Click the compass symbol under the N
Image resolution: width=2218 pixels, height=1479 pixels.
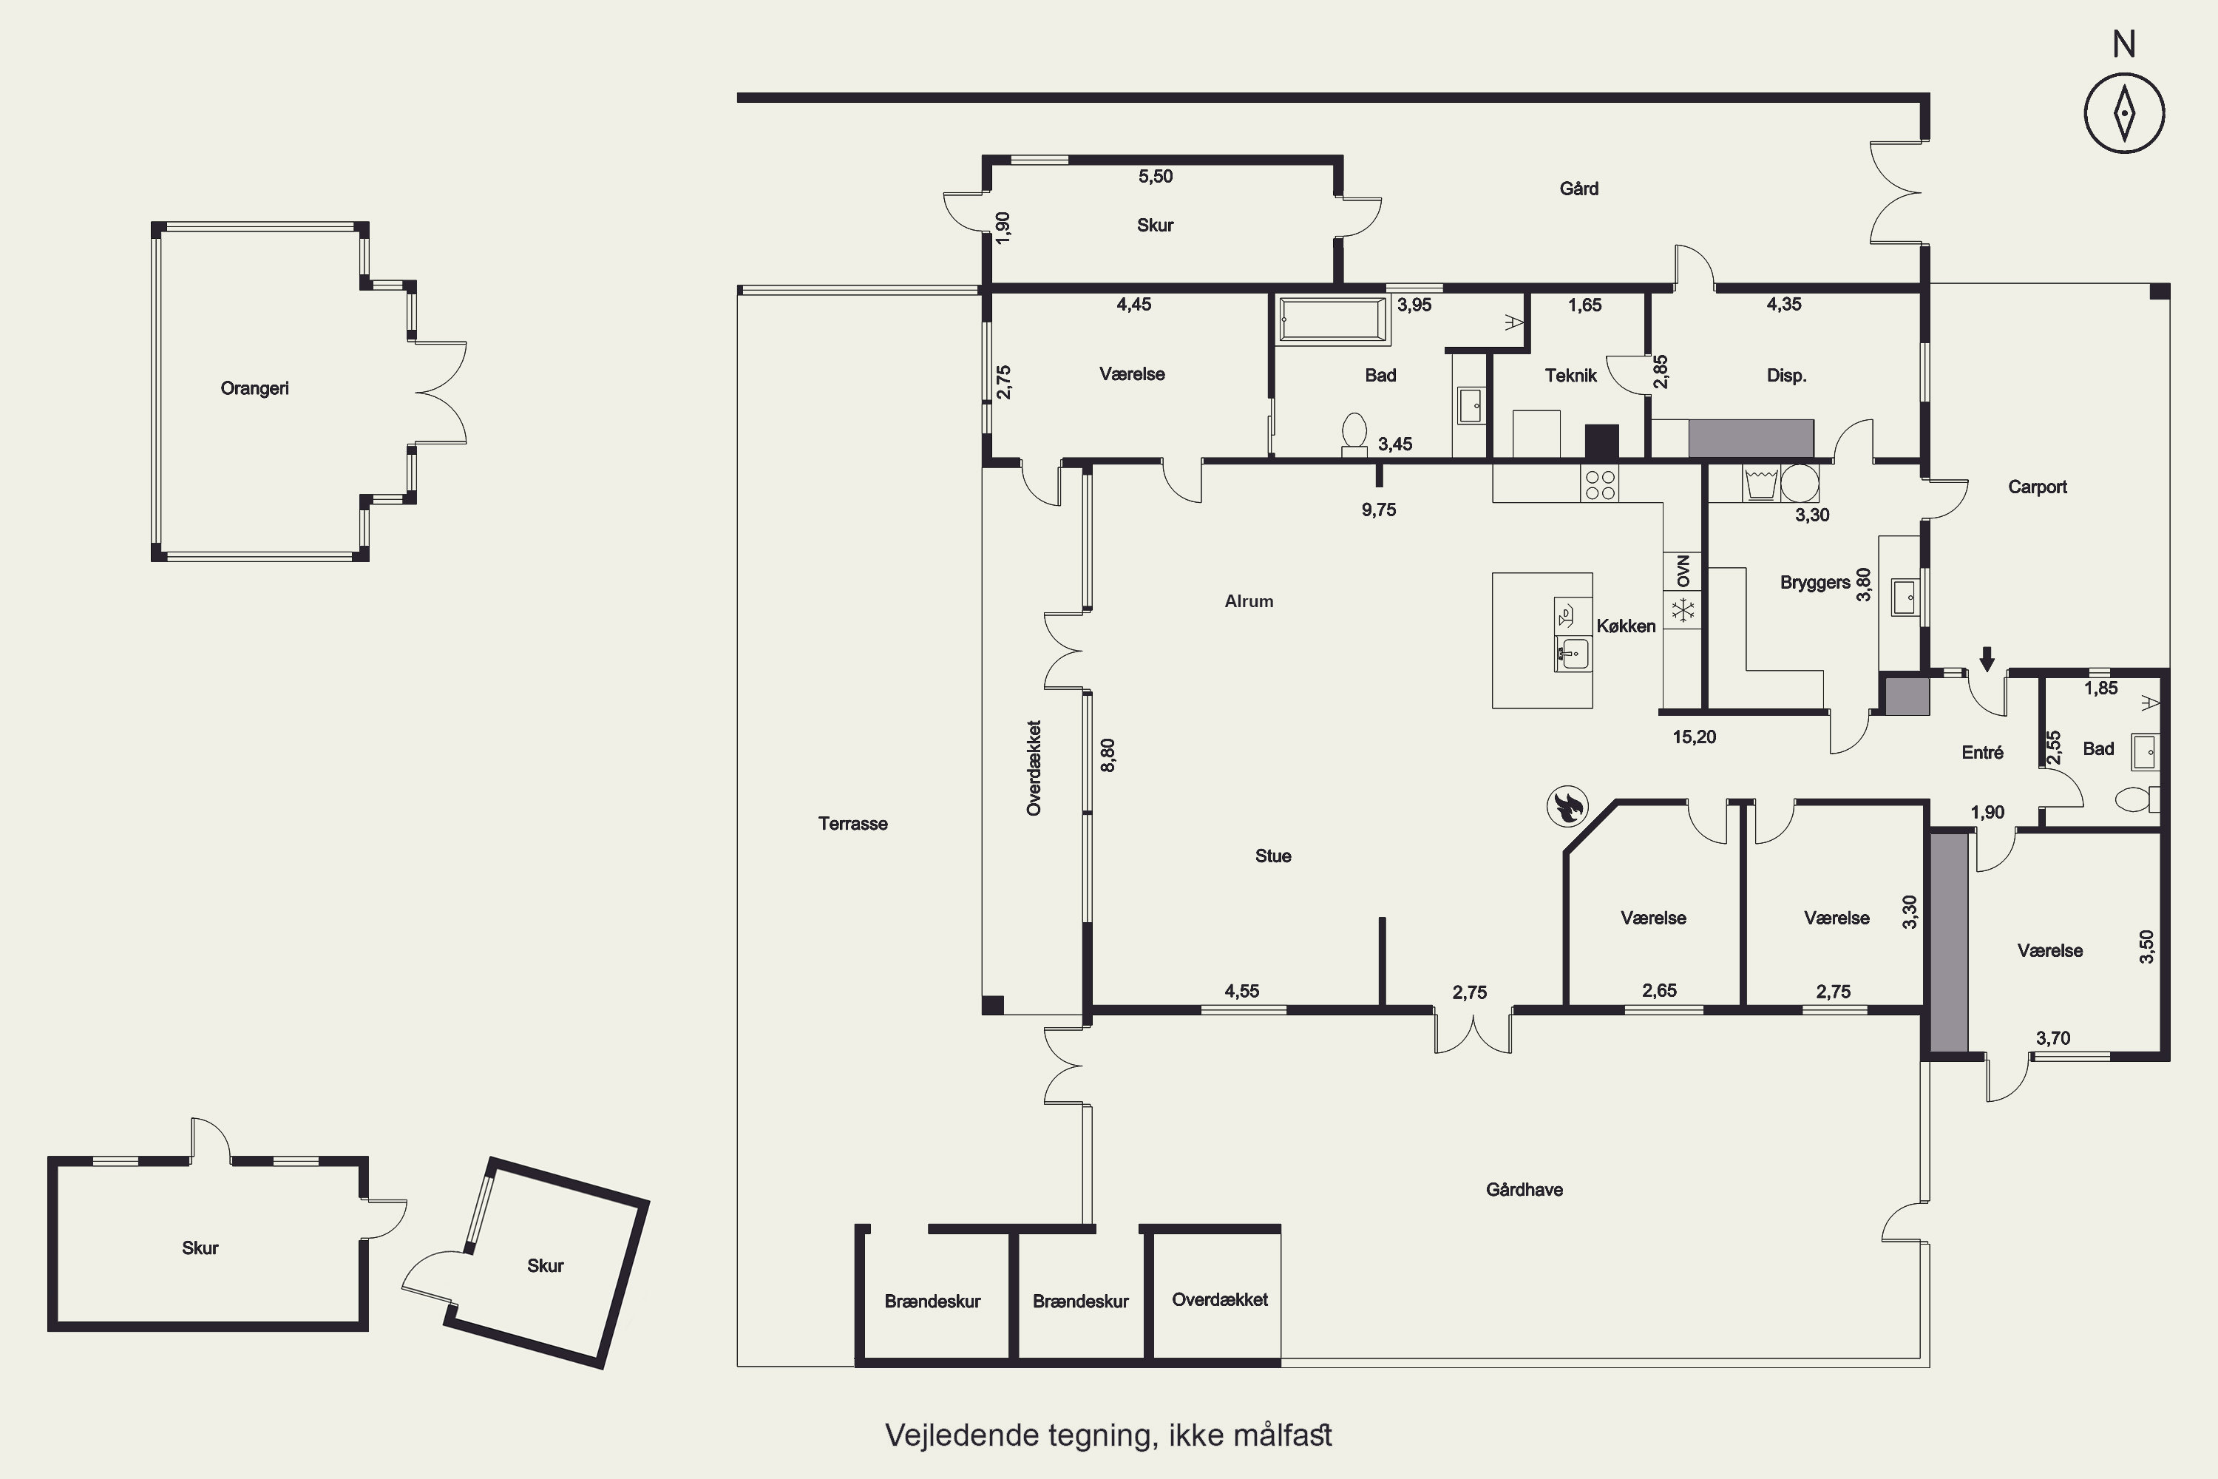point(2123,112)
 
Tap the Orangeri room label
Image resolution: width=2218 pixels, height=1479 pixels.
point(254,389)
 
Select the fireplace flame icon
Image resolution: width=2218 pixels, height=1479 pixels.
point(1567,807)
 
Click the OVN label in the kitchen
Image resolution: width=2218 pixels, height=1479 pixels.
point(1683,571)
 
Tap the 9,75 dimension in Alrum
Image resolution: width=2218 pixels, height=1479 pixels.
point(1379,510)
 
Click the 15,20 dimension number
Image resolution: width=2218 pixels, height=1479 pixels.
point(1695,737)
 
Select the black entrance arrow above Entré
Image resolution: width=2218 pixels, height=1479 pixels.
point(1987,658)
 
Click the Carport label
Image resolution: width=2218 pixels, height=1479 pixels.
point(2037,487)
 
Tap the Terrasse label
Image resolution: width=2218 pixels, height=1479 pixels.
point(852,824)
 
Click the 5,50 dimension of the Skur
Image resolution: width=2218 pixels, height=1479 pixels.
point(1155,177)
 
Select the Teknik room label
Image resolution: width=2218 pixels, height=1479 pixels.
point(1570,376)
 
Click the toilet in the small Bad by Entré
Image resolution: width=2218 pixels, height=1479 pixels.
point(2137,800)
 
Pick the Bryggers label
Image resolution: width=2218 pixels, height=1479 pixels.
point(1814,583)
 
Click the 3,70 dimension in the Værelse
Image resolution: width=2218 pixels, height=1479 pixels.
point(2053,1038)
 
